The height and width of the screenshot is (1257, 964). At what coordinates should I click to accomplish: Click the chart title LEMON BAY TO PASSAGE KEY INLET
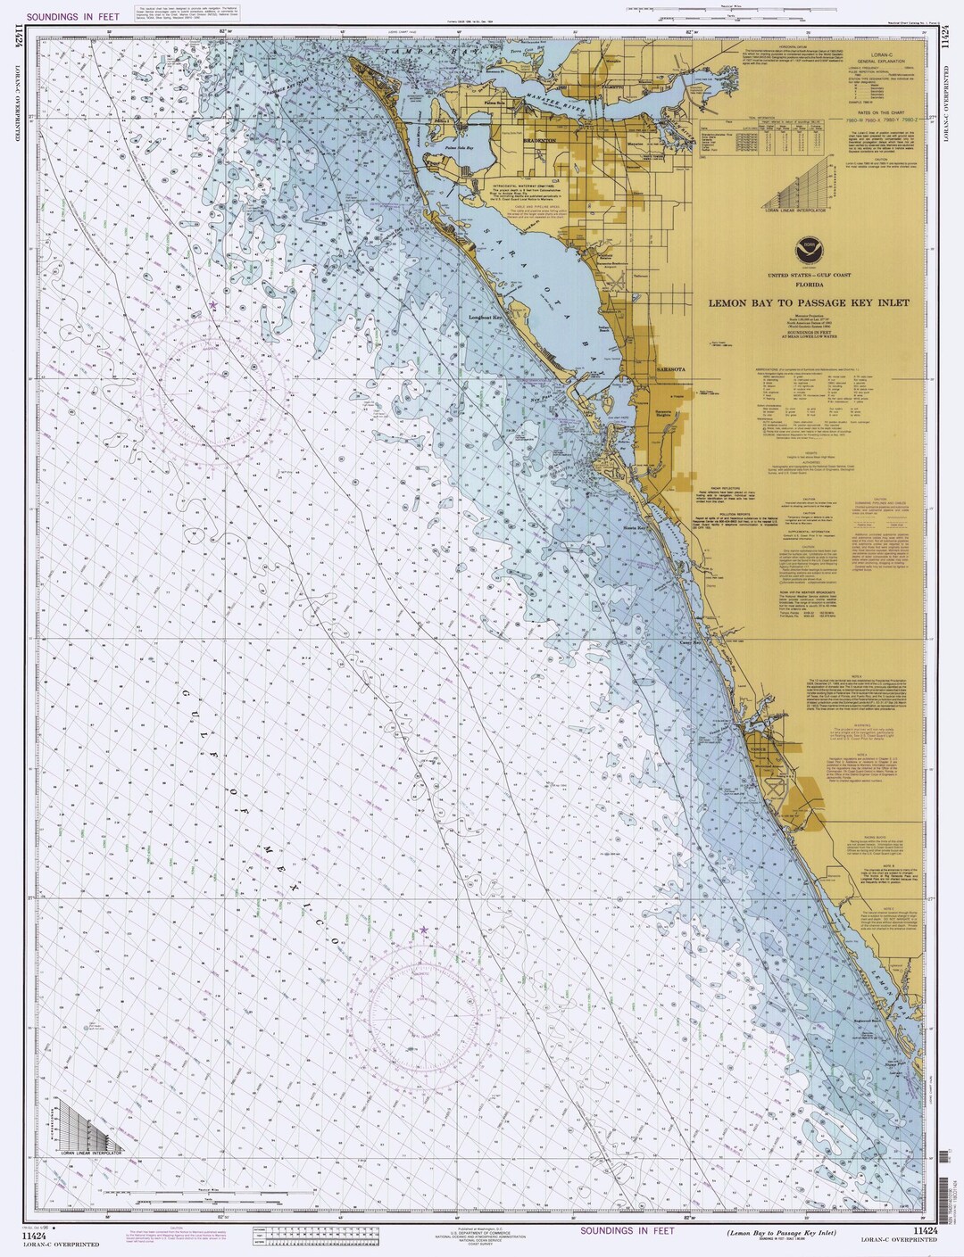tap(809, 302)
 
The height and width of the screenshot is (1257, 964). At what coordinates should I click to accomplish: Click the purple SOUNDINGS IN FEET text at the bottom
tap(624, 1231)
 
